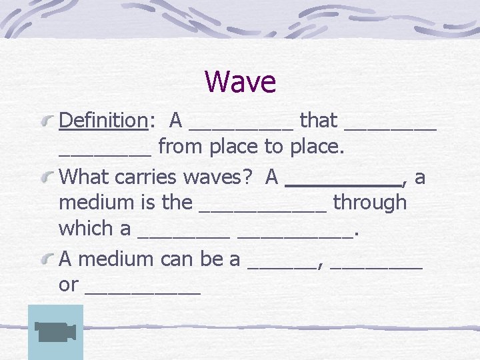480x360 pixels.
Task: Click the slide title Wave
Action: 240,82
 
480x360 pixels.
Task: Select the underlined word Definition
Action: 103,121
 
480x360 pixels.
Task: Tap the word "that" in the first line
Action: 319,121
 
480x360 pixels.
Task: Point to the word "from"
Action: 182,147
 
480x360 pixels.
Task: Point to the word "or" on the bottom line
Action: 69,285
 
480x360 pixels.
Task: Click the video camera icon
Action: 55,332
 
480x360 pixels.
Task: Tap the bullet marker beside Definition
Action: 47,121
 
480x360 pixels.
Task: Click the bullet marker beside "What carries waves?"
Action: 47,177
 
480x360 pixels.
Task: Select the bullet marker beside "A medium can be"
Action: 47,259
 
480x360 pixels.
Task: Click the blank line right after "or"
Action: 143,293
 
